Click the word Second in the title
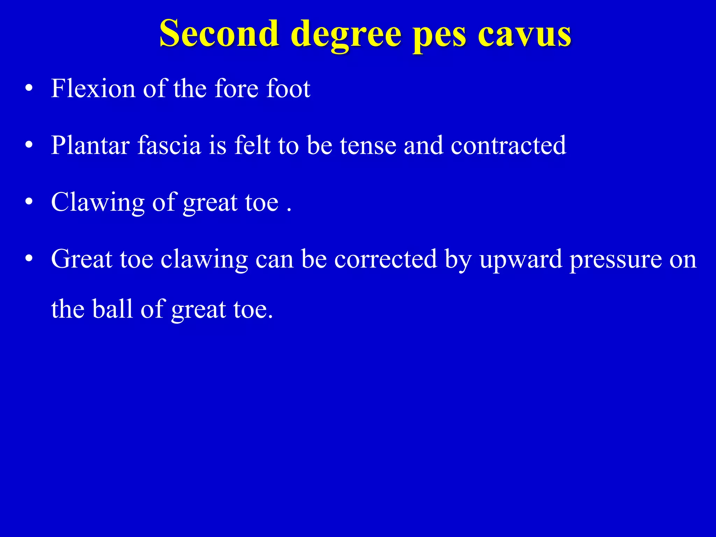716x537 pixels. tap(219, 34)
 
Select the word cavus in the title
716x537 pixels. tap(524, 34)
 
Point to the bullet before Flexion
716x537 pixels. tap(29, 88)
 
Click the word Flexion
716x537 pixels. tap(93, 88)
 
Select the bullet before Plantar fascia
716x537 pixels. tap(29, 145)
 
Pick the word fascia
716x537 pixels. tap(169, 145)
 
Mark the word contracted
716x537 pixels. tap(508, 145)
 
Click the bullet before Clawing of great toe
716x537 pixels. tap(29, 202)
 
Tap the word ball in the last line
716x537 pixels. tap(113, 309)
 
